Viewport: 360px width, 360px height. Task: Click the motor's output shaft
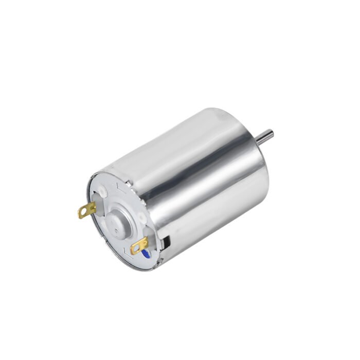[x=265, y=136]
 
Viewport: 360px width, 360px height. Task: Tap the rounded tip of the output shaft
[x=271, y=134]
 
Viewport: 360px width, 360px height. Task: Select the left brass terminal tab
[x=87, y=210]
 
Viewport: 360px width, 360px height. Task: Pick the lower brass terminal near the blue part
[x=139, y=245]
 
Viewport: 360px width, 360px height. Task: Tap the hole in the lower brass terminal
[x=136, y=249]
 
